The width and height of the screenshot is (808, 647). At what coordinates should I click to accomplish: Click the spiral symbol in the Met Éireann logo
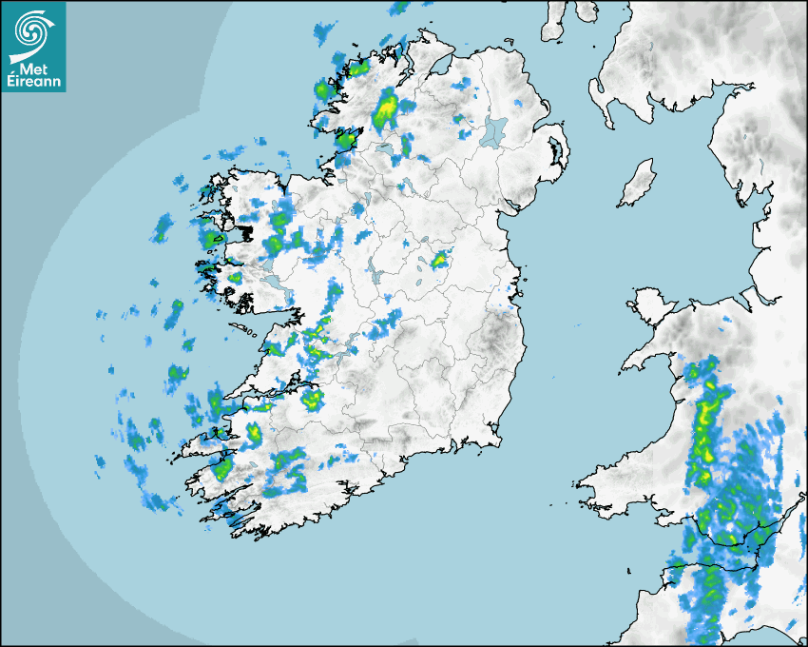[x=31, y=29]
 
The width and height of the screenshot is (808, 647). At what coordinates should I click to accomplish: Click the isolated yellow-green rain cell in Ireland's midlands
[x=439, y=259]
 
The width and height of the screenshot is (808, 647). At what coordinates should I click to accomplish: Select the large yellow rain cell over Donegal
[x=385, y=109]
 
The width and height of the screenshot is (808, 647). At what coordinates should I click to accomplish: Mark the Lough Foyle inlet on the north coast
[x=440, y=65]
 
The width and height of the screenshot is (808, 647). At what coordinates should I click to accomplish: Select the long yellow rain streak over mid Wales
[x=705, y=419]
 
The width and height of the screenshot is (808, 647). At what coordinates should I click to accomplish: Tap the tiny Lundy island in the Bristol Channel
[x=628, y=569]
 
